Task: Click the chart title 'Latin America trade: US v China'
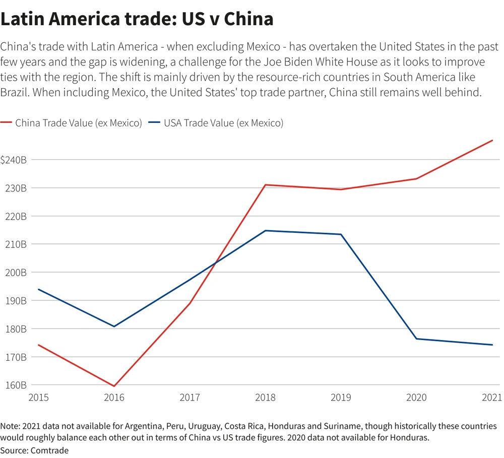137,19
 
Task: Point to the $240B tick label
14,160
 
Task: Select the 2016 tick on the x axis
114,398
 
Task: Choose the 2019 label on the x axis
341,398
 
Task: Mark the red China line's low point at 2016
114,386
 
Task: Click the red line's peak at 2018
266,185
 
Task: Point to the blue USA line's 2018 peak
266,231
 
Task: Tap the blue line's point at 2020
417,339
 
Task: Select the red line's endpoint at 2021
492,141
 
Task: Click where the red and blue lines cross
215,264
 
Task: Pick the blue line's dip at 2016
114,326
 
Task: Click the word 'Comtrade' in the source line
50,450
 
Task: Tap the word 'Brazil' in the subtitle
15,94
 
